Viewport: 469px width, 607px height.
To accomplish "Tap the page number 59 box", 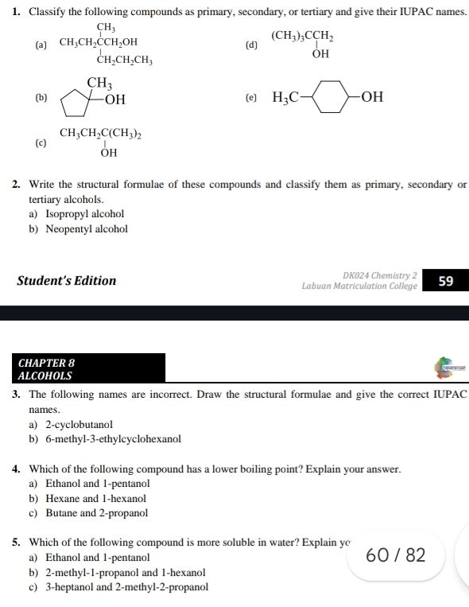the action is tap(445, 280).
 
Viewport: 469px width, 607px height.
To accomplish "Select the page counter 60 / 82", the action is tap(396, 554).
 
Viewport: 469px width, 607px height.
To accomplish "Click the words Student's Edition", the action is tap(66, 281).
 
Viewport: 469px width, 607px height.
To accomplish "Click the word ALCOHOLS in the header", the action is tap(45, 375).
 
